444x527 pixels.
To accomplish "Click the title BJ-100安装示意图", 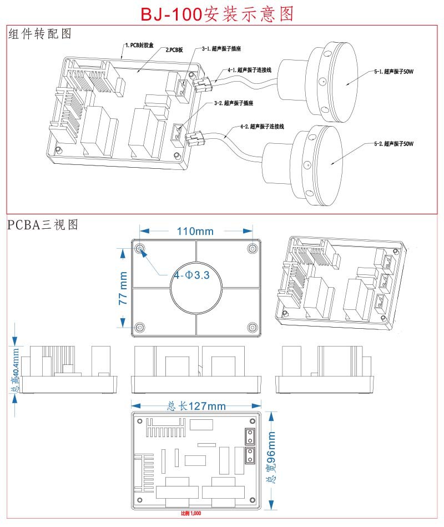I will (x=217, y=13).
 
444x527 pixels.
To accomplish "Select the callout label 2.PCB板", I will (x=174, y=50).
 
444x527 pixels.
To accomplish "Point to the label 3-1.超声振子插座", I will (x=221, y=49).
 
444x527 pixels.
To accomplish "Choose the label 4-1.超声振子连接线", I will (x=249, y=71).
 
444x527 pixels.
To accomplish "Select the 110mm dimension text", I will (x=195, y=231).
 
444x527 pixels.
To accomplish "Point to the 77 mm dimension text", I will (x=124, y=288).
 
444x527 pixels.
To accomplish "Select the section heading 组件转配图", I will (x=40, y=34).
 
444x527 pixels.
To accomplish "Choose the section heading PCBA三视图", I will (x=43, y=225).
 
